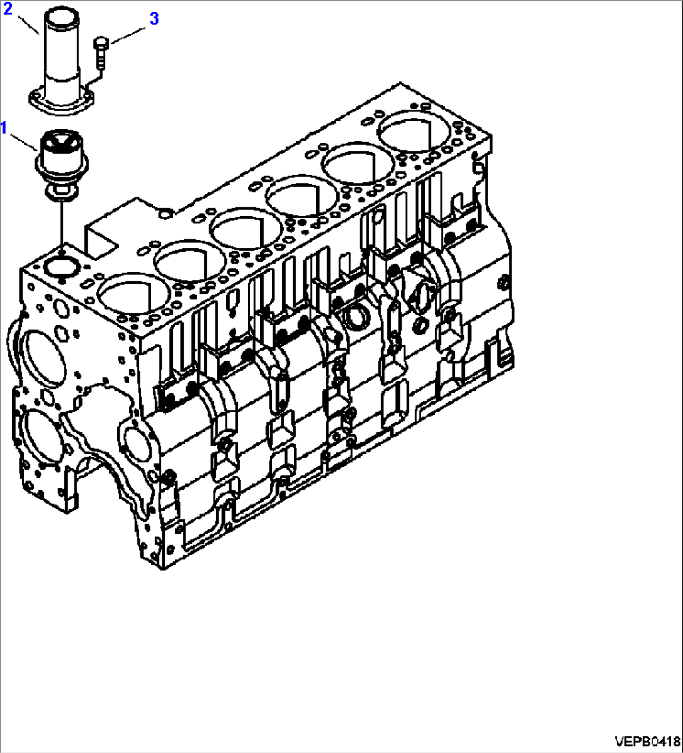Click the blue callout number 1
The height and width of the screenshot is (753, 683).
pyautogui.click(x=4, y=128)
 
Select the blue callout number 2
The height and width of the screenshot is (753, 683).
pyautogui.click(x=8, y=11)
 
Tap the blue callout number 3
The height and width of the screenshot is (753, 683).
pyautogui.click(x=154, y=18)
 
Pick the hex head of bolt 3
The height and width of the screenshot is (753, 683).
pyautogui.click(x=101, y=43)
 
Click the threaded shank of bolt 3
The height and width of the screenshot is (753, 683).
pyautogui.click(x=101, y=58)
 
